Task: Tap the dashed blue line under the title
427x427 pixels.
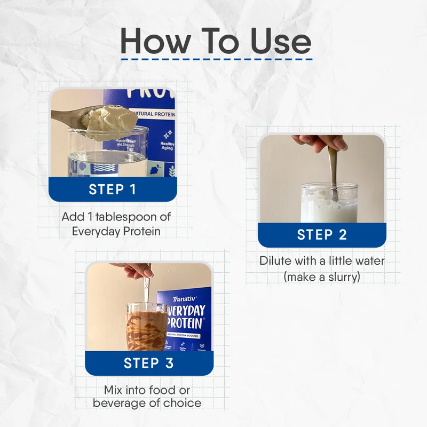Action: (x=216, y=59)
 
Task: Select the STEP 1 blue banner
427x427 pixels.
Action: (x=113, y=189)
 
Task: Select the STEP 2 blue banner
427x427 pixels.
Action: (x=322, y=235)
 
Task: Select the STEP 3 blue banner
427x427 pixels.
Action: (x=149, y=363)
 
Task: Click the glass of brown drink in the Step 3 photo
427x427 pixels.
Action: (x=145, y=328)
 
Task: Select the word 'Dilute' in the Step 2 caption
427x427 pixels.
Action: (x=274, y=262)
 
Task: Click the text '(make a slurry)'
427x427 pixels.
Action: (x=322, y=277)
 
